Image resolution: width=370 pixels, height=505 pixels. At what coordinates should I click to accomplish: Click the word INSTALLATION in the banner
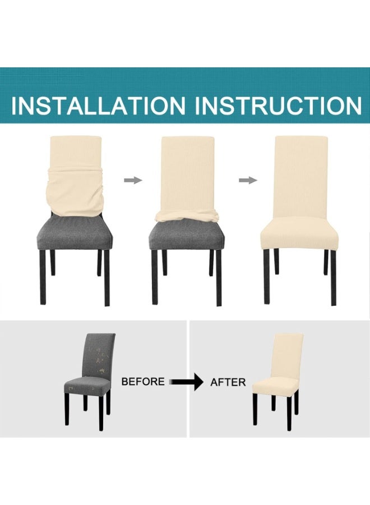tap(98, 105)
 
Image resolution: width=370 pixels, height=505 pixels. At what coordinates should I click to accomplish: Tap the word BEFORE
tap(143, 382)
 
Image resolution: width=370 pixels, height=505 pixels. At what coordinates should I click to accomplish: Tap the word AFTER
tap(228, 382)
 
